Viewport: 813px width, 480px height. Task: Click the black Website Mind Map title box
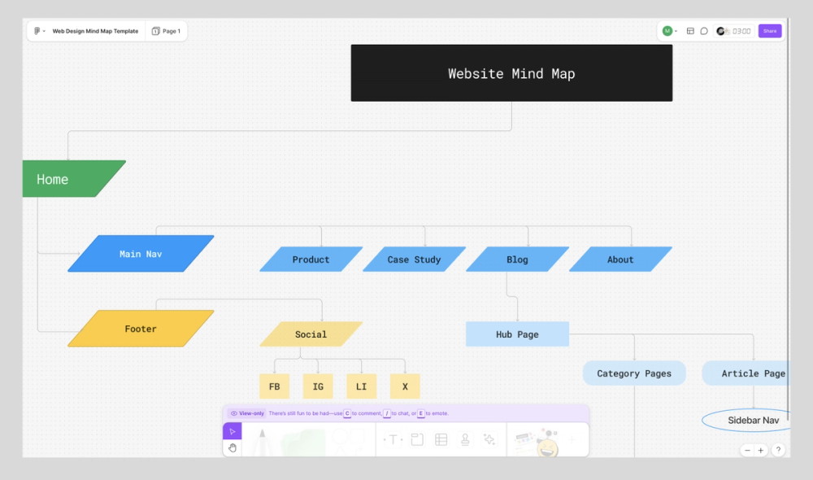click(x=511, y=73)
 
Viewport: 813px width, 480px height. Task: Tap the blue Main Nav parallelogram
click(x=141, y=254)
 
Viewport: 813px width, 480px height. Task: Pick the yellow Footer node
click(x=141, y=329)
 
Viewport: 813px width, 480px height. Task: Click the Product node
click(x=311, y=260)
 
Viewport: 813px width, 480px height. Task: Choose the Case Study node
click(x=414, y=260)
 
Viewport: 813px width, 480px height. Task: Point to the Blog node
click(x=517, y=260)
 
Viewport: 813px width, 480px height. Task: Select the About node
click(x=620, y=260)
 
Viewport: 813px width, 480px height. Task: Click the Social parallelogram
click(x=311, y=334)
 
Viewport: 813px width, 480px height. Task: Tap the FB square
click(x=274, y=386)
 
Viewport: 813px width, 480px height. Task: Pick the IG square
click(x=318, y=386)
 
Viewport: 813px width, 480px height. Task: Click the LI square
click(x=361, y=386)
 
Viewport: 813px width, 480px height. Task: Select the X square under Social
click(x=405, y=386)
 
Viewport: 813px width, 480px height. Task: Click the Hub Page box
click(x=517, y=334)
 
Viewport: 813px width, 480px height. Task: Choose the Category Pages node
click(x=634, y=373)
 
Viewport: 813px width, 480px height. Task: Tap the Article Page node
click(x=748, y=373)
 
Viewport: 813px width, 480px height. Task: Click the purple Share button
click(x=769, y=31)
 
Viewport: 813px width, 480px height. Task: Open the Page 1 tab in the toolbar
click(x=167, y=31)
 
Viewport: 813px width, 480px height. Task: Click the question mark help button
click(x=778, y=450)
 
